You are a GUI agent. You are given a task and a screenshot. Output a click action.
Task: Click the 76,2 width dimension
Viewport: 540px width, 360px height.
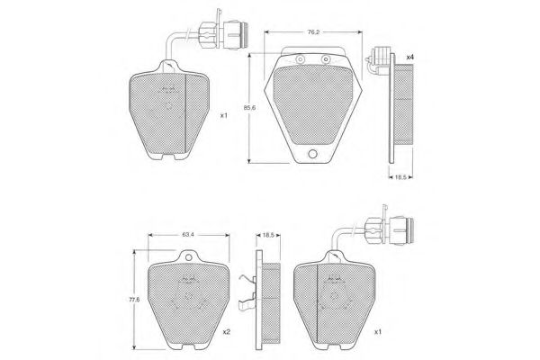tap(312, 32)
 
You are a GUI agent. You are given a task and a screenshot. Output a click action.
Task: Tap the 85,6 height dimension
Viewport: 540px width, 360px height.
tap(249, 108)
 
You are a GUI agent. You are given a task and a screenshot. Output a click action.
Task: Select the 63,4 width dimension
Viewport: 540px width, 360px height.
tap(188, 235)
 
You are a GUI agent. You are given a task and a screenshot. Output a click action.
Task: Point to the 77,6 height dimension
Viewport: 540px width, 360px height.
tap(134, 300)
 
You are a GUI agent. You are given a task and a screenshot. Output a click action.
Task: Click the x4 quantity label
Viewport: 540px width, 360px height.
tap(409, 58)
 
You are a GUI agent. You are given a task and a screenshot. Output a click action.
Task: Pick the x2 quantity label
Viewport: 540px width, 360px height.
tap(226, 332)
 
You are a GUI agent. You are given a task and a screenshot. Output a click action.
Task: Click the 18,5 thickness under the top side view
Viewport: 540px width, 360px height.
tap(400, 177)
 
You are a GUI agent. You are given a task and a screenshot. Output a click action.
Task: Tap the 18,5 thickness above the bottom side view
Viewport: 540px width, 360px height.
tap(268, 235)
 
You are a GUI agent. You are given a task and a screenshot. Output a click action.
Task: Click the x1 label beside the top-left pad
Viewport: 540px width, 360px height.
tap(224, 116)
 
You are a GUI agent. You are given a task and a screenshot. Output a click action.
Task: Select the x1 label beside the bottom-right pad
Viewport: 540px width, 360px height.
tap(378, 332)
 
